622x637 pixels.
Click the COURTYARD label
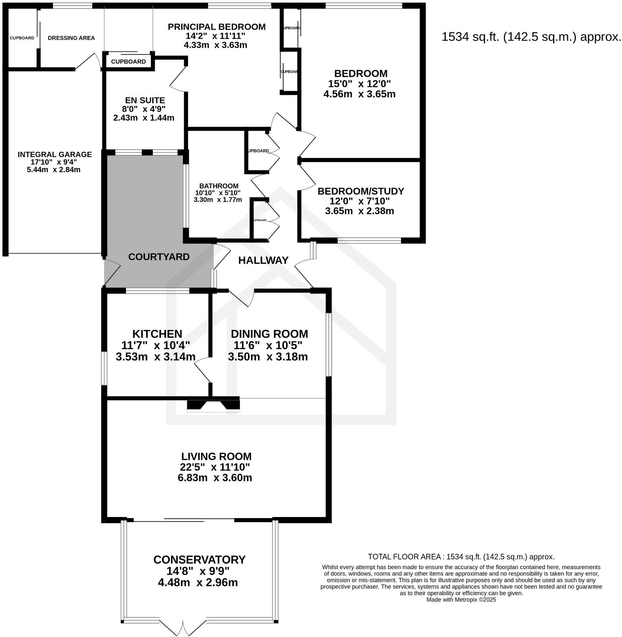click(159, 257)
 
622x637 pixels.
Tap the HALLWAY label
click(263, 260)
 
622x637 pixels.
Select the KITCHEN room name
click(157, 334)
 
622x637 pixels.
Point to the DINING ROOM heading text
click(270, 334)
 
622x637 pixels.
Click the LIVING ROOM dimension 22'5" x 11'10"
click(215, 467)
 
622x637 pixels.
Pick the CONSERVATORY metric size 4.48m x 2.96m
click(198, 583)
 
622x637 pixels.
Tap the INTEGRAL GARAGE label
click(55, 154)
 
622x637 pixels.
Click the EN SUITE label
click(145, 100)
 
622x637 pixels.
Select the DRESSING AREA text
click(71, 38)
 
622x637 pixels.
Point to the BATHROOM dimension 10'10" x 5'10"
click(218, 193)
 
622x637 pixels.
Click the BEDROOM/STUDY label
click(361, 191)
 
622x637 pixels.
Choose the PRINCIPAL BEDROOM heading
click(217, 27)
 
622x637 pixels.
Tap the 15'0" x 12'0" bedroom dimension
click(360, 84)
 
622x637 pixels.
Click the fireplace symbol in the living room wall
click(213, 405)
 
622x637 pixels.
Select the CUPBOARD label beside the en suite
click(128, 61)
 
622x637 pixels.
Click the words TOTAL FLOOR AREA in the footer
click(404, 557)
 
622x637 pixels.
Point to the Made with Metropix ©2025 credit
click(461, 600)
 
